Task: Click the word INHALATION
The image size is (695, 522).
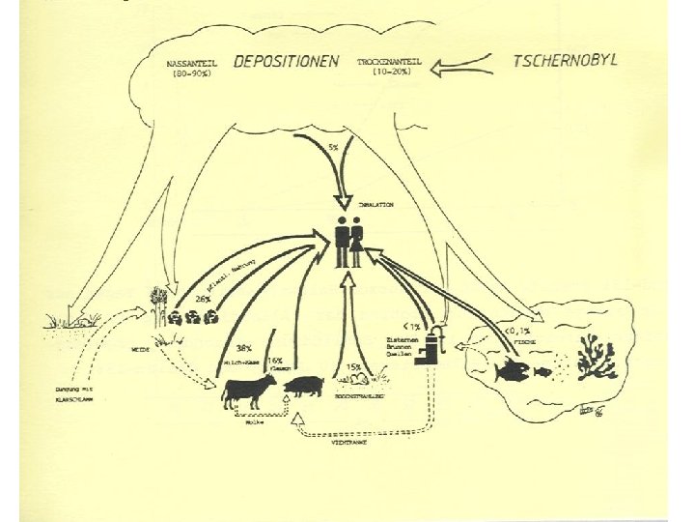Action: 375,205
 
